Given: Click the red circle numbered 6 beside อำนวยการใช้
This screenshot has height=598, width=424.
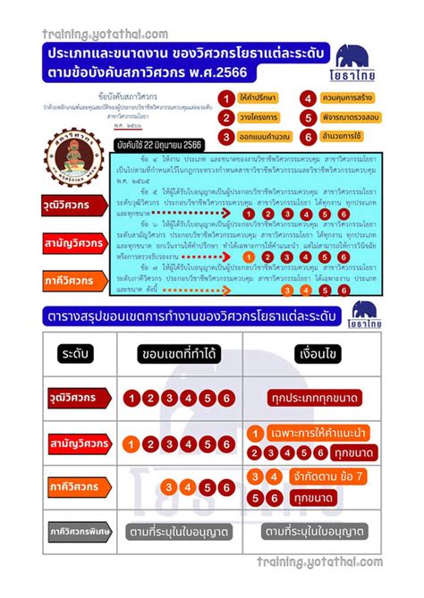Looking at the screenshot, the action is pyautogui.click(x=307, y=135).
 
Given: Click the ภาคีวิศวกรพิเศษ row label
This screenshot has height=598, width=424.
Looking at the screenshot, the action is pyautogui.click(x=66, y=534).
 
